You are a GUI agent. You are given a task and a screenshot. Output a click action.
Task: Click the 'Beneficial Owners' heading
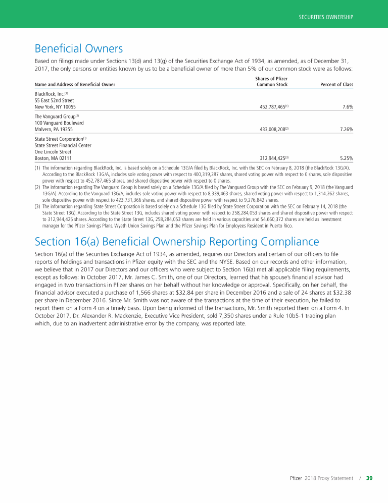point(79,48)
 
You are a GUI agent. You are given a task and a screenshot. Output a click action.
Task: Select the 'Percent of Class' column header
point(336,85)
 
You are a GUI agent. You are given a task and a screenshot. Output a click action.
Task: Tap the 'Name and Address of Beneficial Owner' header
point(75,85)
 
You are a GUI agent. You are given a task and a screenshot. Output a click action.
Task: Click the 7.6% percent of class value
point(347,107)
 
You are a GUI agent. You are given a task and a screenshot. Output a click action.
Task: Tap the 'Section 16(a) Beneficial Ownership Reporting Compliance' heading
point(177,242)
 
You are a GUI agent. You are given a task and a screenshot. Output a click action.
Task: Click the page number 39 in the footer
point(369,478)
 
